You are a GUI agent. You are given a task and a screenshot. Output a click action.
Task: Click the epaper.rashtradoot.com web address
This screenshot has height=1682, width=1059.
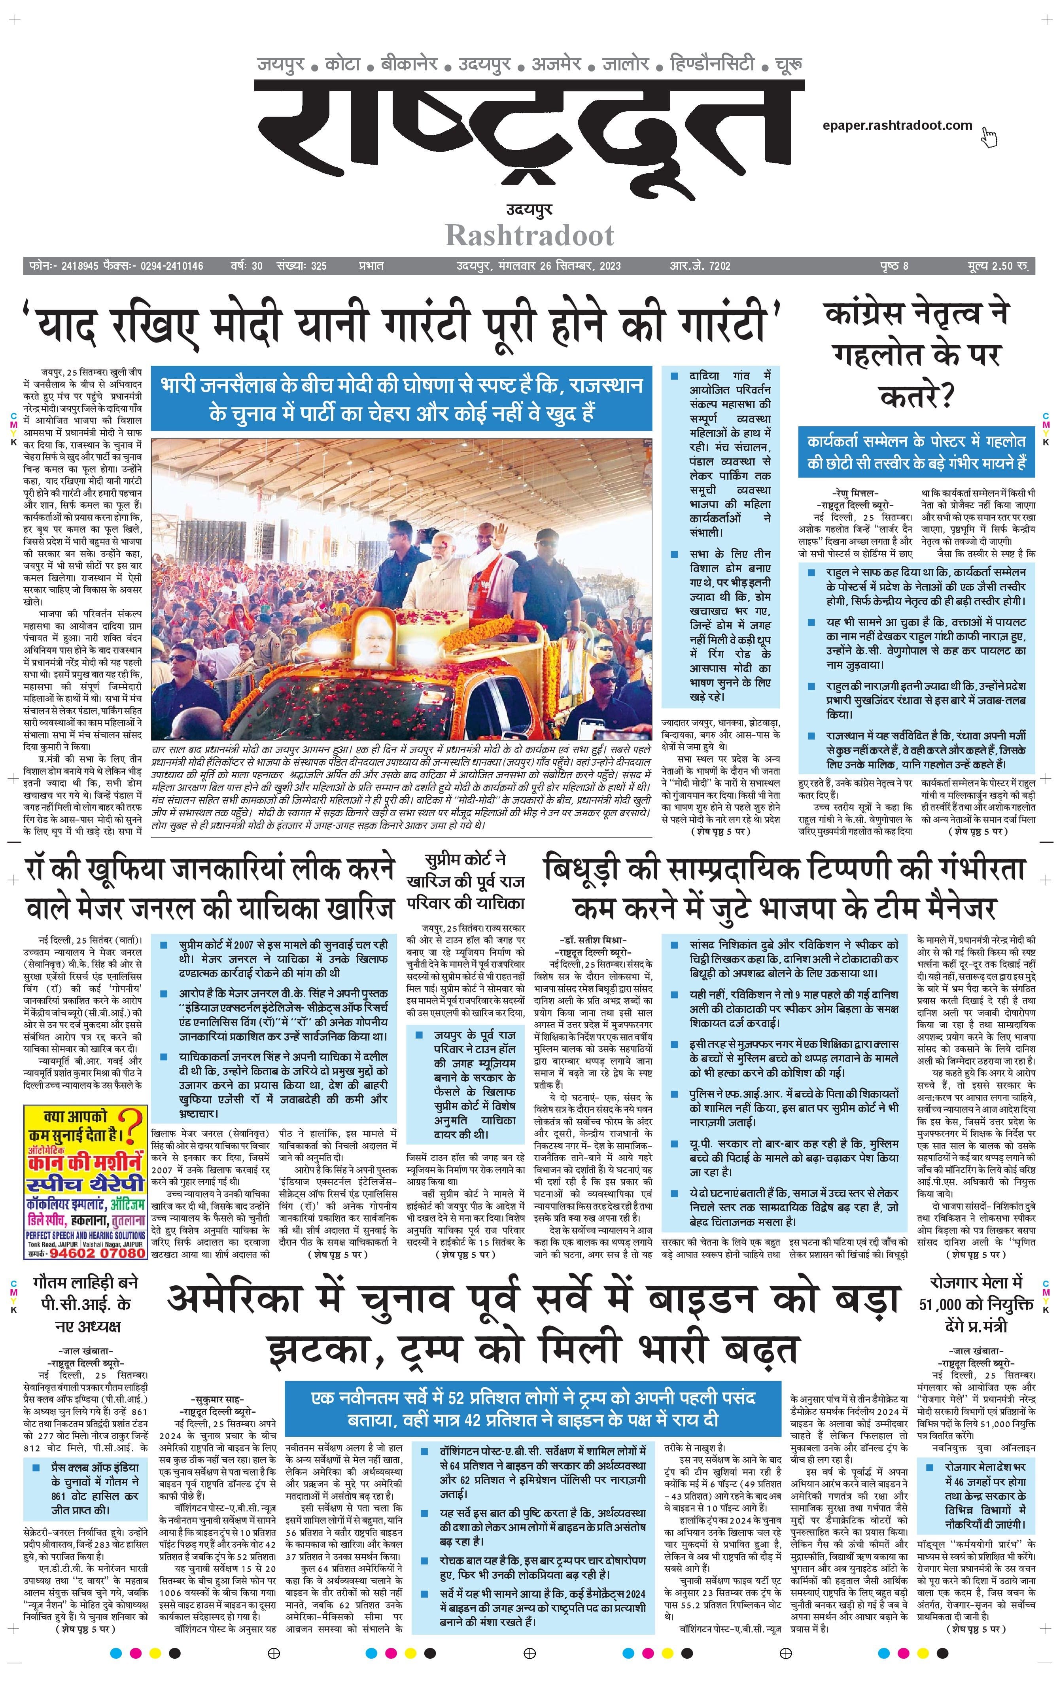[897, 126]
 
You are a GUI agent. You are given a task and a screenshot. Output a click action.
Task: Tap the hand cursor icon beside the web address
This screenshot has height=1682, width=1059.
[989, 138]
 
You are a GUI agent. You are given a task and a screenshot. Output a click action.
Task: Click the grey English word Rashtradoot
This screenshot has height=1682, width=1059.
[529, 235]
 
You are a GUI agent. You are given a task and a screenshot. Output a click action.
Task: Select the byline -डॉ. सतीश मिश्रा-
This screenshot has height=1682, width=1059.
[594, 940]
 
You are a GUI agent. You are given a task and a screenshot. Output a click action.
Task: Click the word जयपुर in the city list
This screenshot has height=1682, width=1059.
[281, 65]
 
